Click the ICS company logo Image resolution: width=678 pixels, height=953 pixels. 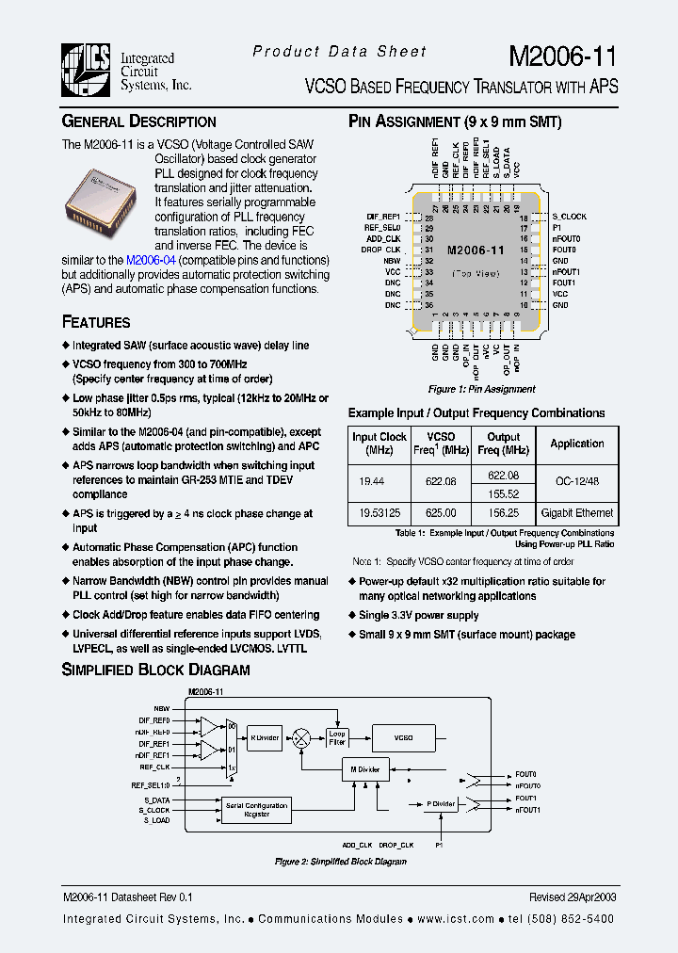click(x=87, y=71)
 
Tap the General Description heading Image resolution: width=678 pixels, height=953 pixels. click(x=138, y=121)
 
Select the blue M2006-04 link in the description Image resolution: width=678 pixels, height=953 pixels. click(x=151, y=260)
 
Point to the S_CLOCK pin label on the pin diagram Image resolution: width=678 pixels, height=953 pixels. click(x=569, y=217)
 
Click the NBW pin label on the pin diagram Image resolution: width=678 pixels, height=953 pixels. click(x=393, y=261)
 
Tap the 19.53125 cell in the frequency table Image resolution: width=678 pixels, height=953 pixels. click(x=379, y=513)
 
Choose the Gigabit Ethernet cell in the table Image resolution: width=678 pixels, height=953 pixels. click(x=577, y=513)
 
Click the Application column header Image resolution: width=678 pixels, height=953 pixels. click(x=577, y=444)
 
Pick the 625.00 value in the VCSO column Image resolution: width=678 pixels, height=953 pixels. click(x=441, y=513)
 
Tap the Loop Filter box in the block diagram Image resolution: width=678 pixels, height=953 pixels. click(x=337, y=737)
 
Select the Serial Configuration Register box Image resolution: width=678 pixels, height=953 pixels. click(x=256, y=810)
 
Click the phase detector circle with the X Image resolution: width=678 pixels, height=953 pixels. click(x=301, y=737)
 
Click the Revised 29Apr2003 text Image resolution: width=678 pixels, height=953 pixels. click(x=573, y=898)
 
